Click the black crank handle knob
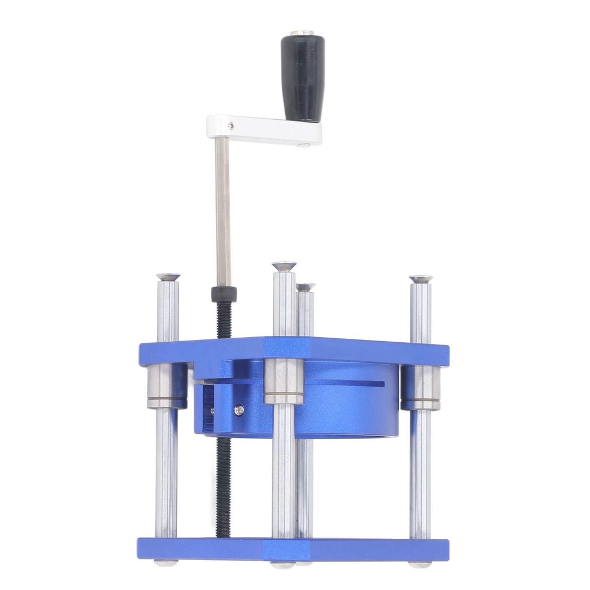[x=302, y=78]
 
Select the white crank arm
[x=265, y=130]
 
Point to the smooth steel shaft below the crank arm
[x=223, y=213]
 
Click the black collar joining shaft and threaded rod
[x=224, y=293]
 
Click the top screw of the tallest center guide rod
[x=284, y=266]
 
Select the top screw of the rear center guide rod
[x=305, y=286]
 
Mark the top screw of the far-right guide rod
[x=421, y=279]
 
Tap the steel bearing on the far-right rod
[x=421, y=388]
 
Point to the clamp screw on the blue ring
[x=239, y=410]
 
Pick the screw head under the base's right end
[x=420, y=564]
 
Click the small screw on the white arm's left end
[x=230, y=125]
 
